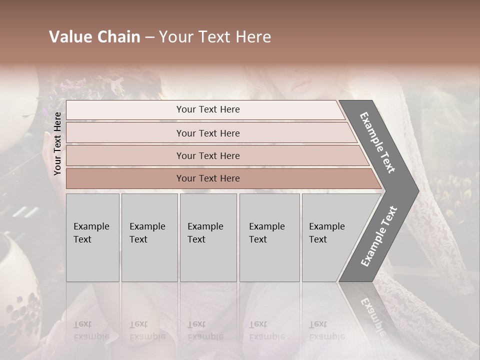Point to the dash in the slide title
tap(149, 37)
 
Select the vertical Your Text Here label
tap(57, 143)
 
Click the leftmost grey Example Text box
tap(92, 237)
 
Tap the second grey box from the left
tap(149, 237)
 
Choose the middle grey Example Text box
tap(208, 237)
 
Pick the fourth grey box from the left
tap(269, 237)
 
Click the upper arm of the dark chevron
tap(377, 142)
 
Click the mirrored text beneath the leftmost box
tap(91, 330)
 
